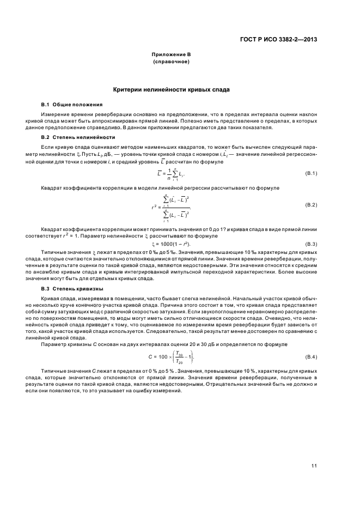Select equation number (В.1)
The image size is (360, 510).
click(x=310, y=173)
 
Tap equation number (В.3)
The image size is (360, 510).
click(x=310, y=244)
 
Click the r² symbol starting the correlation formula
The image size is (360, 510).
click(x=154, y=207)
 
